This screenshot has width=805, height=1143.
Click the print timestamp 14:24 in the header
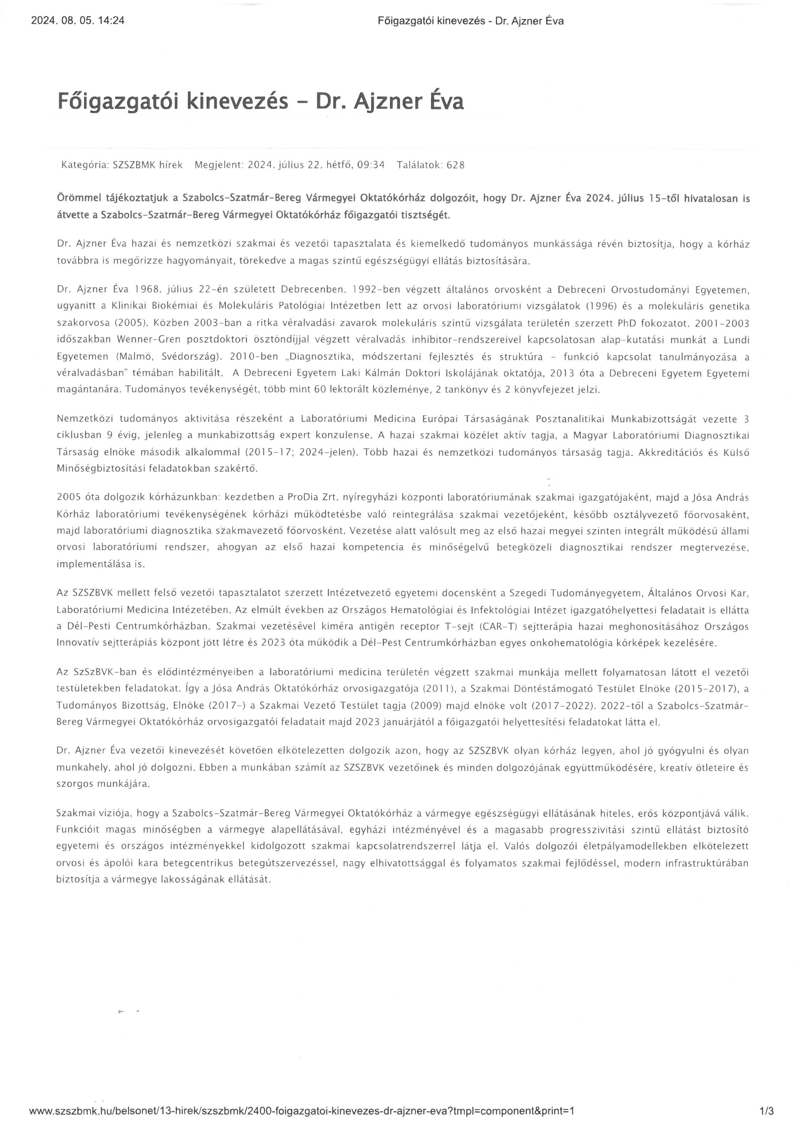click(113, 21)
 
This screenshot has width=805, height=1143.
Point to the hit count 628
click(455, 165)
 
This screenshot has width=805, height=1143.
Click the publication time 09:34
click(371, 165)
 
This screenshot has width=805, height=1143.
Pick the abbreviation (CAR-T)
click(509, 626)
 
